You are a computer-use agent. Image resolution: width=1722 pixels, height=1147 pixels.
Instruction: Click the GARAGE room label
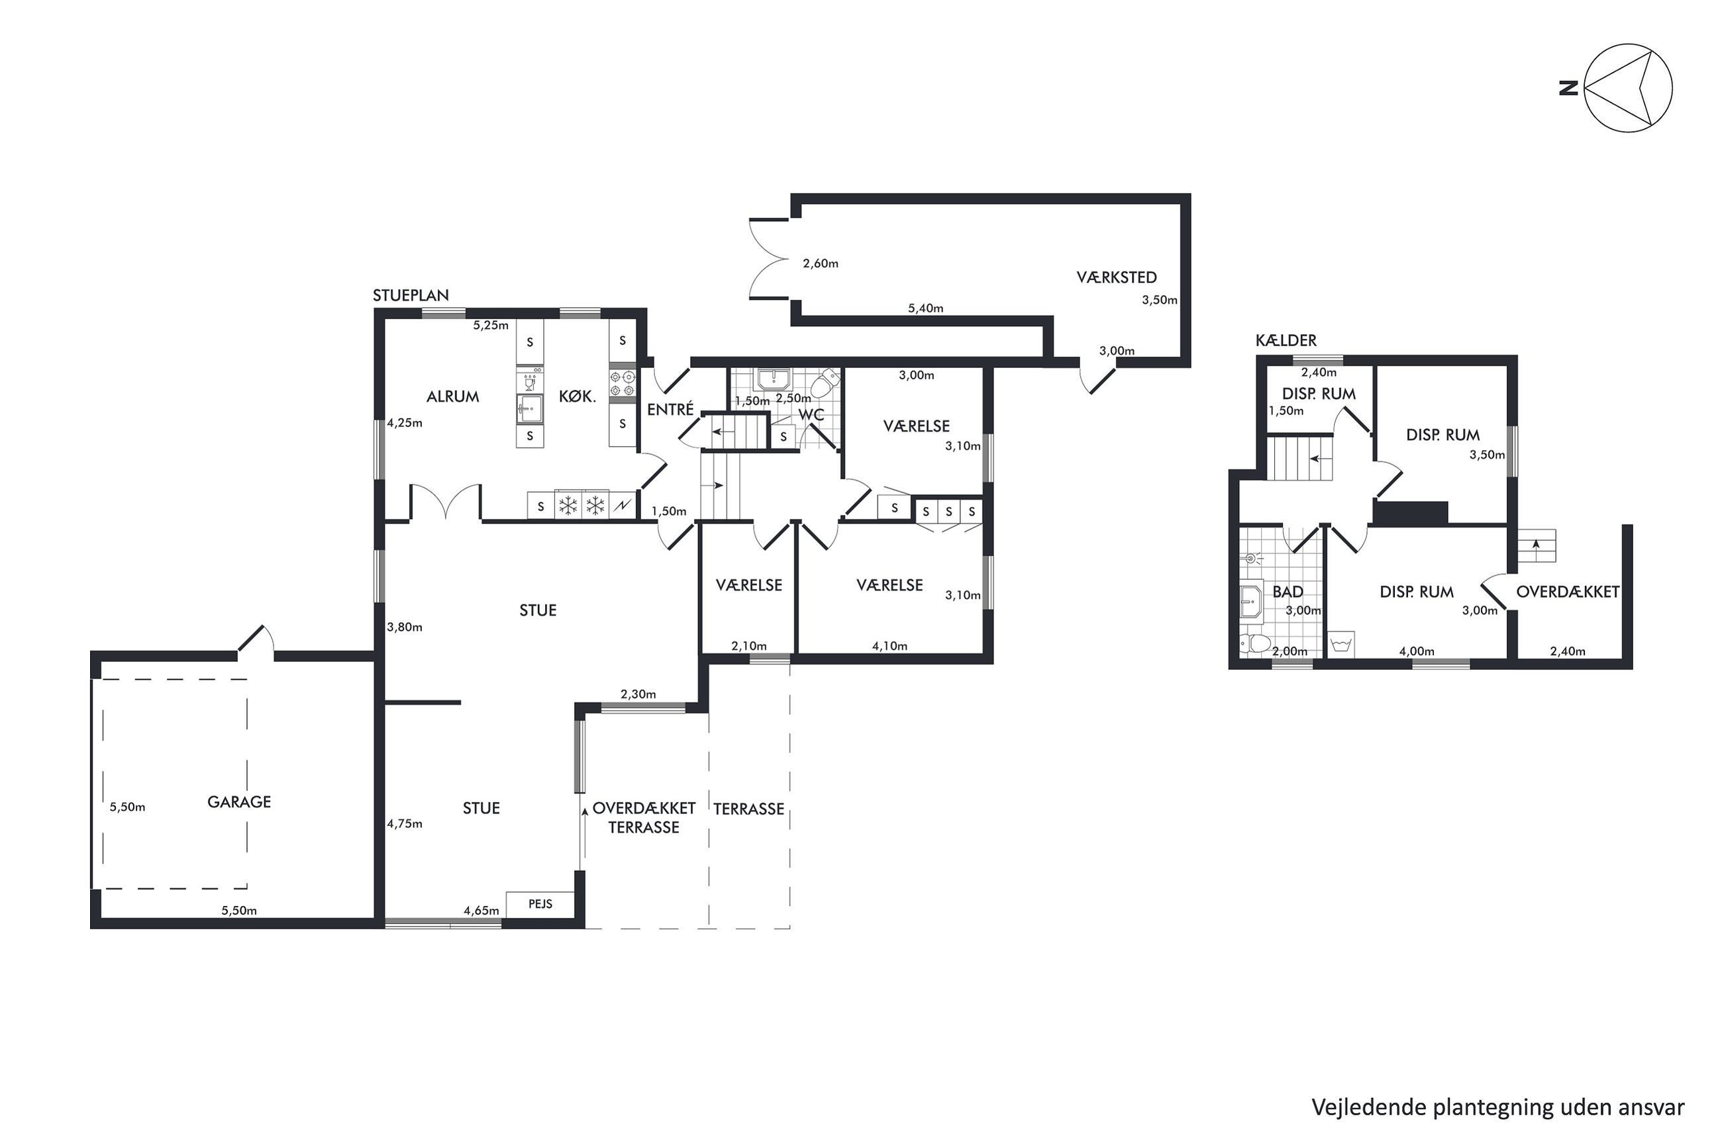tap(238, 802)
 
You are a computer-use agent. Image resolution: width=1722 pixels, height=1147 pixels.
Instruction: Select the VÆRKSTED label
tap(1116, 277)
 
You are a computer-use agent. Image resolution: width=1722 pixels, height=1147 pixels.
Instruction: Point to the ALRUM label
tap(452, 396)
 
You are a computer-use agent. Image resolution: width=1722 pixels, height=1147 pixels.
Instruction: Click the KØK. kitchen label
tap(578, 396)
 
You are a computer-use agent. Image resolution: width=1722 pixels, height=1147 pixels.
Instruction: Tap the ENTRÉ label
tap(670, 409)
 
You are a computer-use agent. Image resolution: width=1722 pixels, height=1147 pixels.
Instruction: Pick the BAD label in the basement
tap(1288, 592)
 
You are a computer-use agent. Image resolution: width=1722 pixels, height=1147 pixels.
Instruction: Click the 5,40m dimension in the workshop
tap(925, 308)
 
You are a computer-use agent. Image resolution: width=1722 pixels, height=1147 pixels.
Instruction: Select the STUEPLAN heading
tap(411, 296)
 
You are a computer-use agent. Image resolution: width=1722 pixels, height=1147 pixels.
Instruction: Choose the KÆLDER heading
tap(1286, 340)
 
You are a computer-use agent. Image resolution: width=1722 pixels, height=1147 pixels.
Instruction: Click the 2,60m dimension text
tap(821, 264)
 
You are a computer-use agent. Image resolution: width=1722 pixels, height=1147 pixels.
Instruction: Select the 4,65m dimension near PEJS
tap(481, 911)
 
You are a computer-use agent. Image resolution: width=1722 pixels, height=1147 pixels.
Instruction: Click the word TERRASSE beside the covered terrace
tap(748, 809)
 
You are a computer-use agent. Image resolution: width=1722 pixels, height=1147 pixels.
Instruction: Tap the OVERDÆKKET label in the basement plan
tap(1568, 592)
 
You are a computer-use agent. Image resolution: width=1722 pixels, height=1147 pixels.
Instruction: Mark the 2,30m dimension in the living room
tap(638, 694)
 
